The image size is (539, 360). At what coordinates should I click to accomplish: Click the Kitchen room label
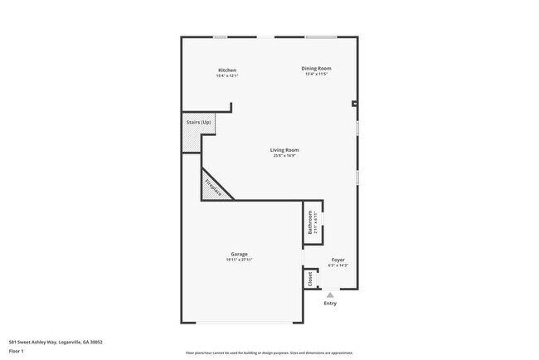[x=227, y=70]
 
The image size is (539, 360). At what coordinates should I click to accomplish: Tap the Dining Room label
[x=316, y=68]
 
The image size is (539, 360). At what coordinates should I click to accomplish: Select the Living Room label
[x=284, y=150]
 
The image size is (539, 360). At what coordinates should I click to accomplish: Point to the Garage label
[x=239, y=254]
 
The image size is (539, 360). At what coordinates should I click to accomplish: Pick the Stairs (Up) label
[x=197, y=122]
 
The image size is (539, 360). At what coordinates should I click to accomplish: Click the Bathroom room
[x=312, y=224]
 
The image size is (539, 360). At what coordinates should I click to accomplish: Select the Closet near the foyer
[x=311, y=279]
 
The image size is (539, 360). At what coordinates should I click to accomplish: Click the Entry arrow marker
[x=330, y=294]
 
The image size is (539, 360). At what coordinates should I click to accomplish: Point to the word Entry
[x=330, y=303]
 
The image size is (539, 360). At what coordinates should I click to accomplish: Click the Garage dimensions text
[x=239, y=260]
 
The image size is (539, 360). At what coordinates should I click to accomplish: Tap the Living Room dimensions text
[x=284, y=156]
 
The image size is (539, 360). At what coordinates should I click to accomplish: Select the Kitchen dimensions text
[x=227, y=75]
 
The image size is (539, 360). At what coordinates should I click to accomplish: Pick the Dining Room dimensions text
[x=316, y=75]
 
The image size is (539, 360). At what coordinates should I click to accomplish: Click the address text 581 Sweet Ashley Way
[x=55, y=341]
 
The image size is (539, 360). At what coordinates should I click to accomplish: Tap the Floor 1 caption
[x=16, y=352]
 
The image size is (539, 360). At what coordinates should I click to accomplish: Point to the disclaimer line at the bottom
[x=269, y=353]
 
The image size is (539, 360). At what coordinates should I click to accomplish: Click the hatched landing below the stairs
[x=192, y=141]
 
